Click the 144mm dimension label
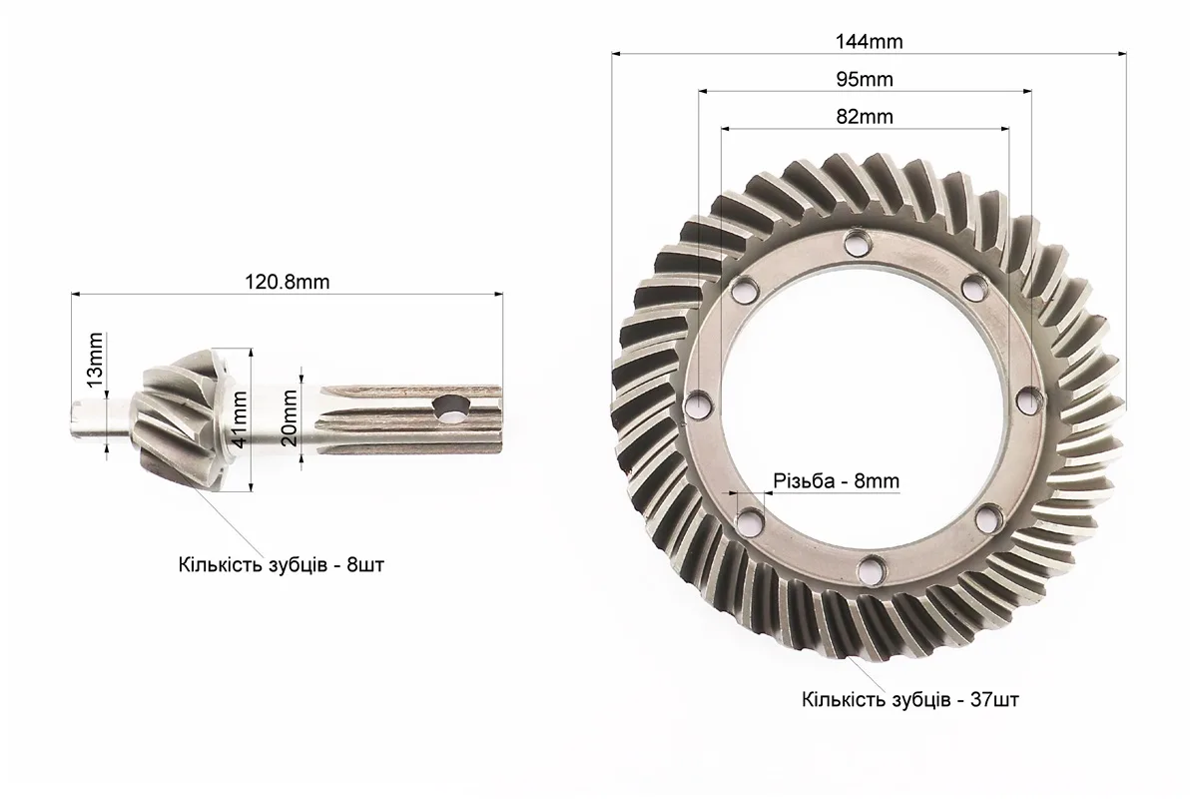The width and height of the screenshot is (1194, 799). coord(869,41)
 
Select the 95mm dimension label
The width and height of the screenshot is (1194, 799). coord(865,79)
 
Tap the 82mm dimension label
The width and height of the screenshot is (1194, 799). coord(865,117)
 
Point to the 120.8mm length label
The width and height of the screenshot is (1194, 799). coord(288,282)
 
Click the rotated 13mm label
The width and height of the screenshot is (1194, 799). coord(95,360)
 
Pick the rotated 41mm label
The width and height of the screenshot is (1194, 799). coord(240,419)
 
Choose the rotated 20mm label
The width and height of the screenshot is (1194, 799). coord(291,417)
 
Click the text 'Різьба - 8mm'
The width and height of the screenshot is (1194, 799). coord(837,481)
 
